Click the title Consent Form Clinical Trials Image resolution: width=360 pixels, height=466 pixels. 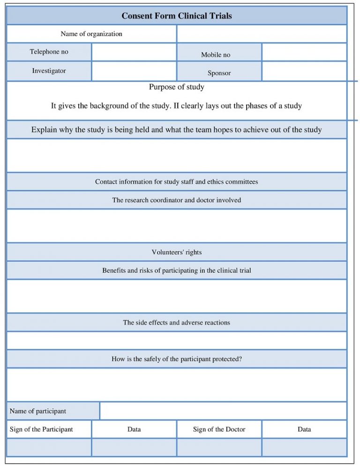177,16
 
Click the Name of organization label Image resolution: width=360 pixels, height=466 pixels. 91,34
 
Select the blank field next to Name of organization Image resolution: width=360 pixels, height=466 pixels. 262,34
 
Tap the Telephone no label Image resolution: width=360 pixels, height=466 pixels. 49,52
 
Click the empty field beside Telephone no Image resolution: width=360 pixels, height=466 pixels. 134,52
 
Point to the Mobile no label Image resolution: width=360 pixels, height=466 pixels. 216,55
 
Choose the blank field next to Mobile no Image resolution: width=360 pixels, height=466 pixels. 304,52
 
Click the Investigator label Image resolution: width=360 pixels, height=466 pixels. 49,71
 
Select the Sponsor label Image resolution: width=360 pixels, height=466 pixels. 219,73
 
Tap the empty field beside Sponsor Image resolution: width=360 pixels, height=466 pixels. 304,71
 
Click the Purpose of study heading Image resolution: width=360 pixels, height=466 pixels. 177,87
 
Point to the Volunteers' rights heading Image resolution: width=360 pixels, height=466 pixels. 177,252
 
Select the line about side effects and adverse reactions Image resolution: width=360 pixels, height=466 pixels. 177,323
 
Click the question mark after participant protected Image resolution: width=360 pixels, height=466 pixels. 240,359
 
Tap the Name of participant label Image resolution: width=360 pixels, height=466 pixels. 38,411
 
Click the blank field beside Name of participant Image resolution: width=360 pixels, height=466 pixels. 223,411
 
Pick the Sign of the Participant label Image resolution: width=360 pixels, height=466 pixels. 41,429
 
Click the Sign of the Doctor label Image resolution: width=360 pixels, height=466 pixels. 219,429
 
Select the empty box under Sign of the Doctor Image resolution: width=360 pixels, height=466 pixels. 219,447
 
